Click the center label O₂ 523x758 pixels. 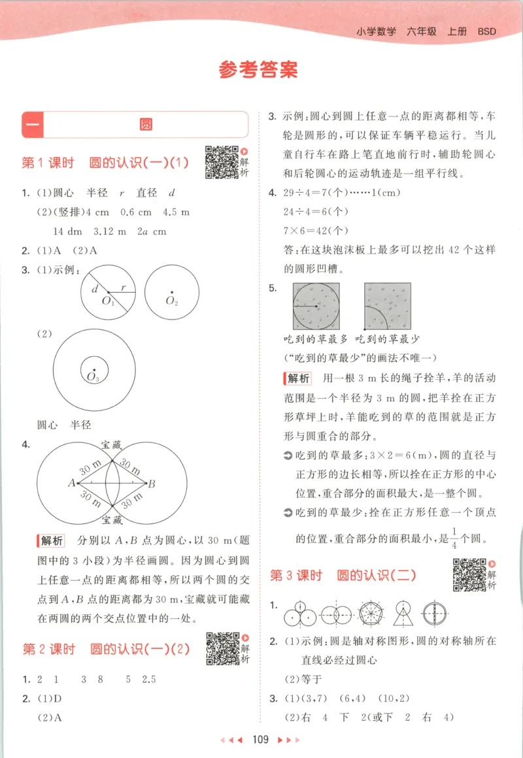172,301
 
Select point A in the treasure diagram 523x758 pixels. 70,483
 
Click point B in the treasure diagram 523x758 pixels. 151,484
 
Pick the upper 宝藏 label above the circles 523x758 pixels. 111,444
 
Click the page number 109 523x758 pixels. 260,740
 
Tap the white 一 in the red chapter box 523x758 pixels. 33,124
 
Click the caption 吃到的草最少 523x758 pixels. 387,340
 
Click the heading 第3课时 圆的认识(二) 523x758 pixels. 343,576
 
